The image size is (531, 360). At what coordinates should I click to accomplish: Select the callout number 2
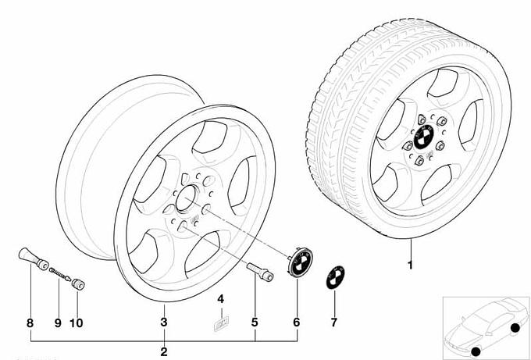163,351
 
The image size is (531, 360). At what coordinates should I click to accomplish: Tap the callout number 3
163,321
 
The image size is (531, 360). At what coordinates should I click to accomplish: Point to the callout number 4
220,298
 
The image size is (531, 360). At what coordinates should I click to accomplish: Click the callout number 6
297,321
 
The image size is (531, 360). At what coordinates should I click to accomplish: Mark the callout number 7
333,321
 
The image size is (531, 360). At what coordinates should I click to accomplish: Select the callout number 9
58,321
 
